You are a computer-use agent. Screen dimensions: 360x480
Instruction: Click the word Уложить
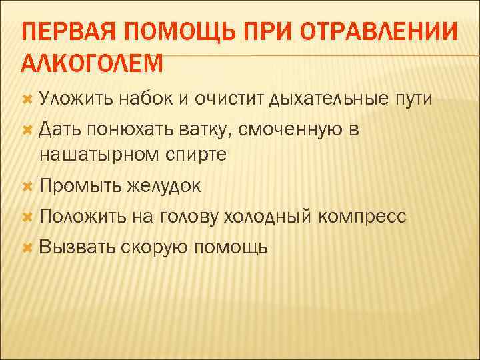point(76,99)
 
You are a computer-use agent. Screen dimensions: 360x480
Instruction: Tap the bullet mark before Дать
point(27,129)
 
